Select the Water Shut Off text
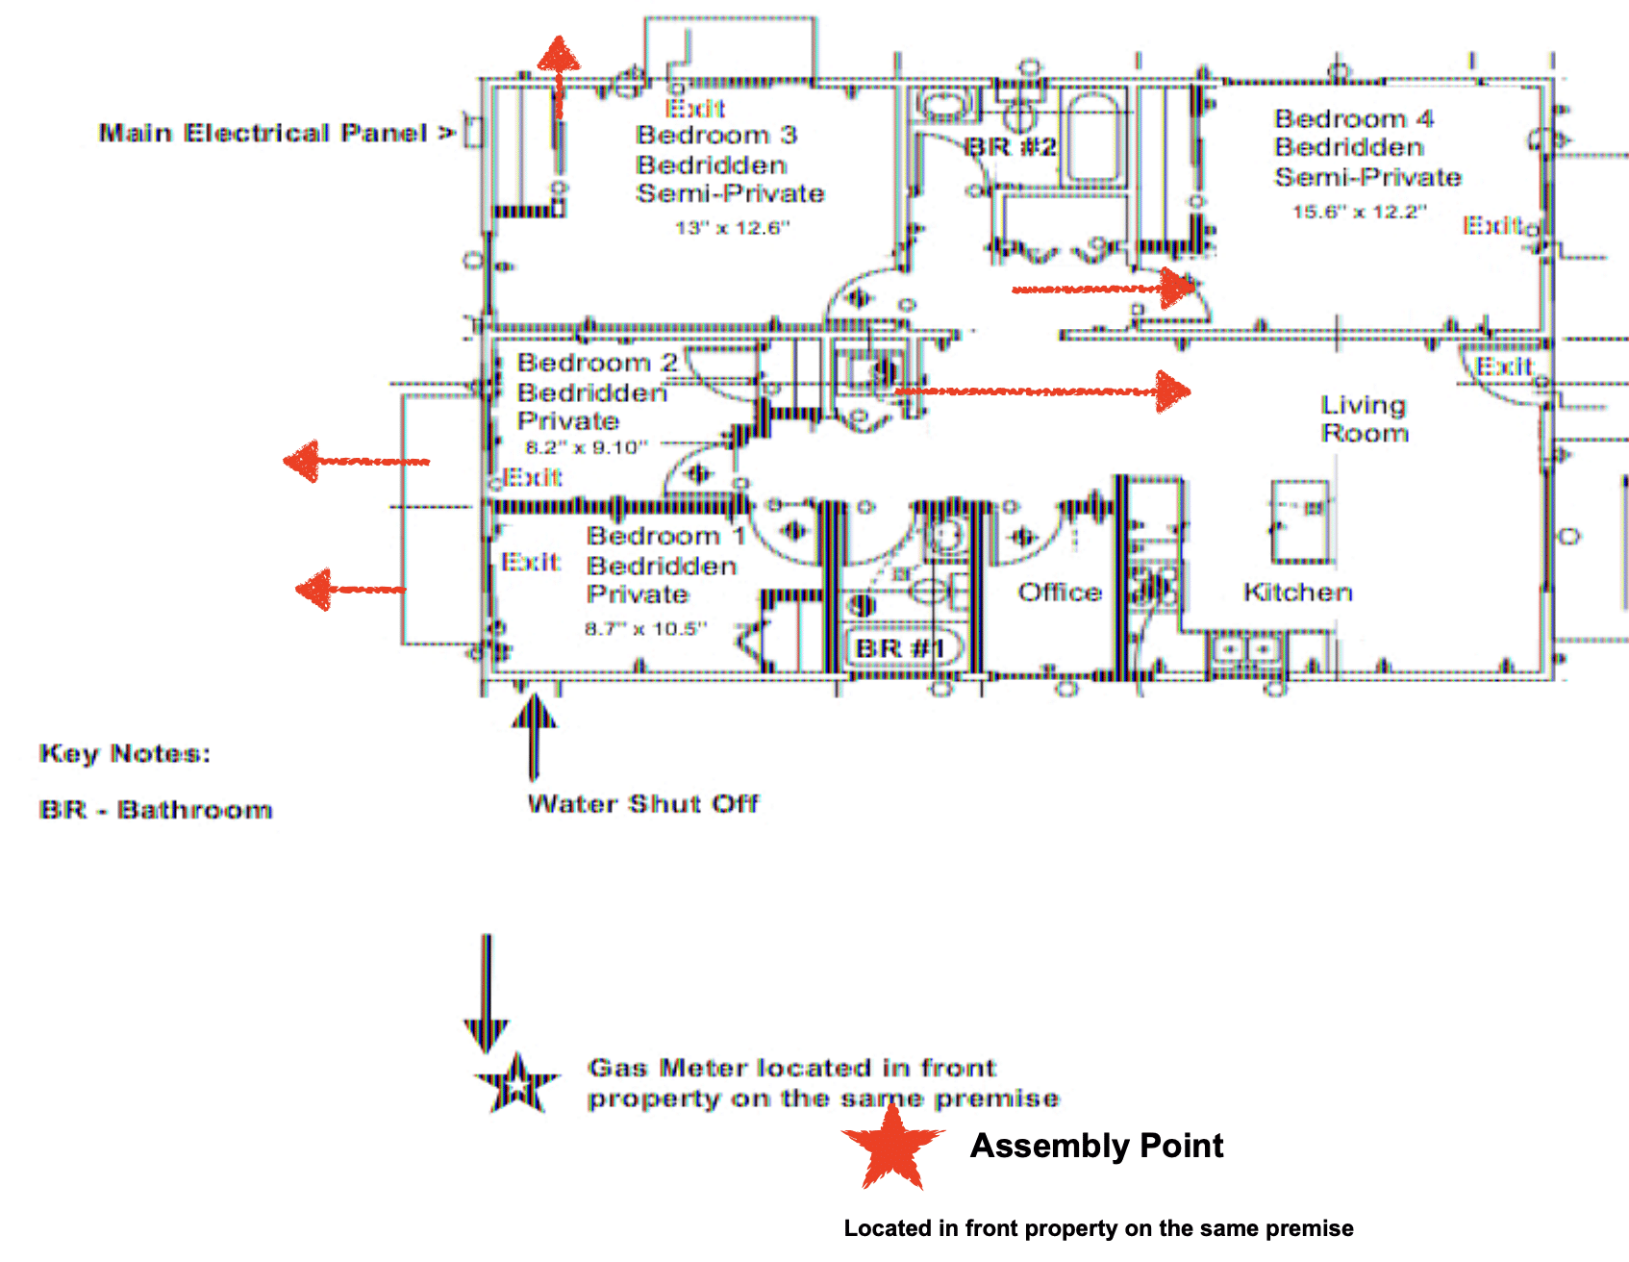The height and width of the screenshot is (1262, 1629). (x=642, y=803)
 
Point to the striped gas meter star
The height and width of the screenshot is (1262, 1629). (x=517, y=1084)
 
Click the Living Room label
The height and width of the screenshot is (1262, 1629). (x=1364, y=418)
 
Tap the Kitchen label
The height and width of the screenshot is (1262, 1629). (x=1297, y=592)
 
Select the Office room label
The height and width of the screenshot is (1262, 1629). (x=1059, y=592)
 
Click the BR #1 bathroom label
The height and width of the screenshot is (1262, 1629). (x=900, y=648)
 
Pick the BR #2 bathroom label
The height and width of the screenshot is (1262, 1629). (x=1010, y=147)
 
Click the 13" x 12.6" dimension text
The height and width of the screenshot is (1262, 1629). (x=732, y=228)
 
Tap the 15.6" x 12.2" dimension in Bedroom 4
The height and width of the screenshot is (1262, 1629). (x=1359, y=212)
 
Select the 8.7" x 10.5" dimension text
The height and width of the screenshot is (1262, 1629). (x=645, y=628)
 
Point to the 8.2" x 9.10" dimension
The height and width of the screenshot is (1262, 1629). (x=587, y=447)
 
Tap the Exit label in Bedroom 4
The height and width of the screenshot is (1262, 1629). (x=1491, y=225)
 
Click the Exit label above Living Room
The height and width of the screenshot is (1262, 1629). (x=1504, y=366)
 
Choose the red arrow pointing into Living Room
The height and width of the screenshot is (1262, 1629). (x=1043, y=391)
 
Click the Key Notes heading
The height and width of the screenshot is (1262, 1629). (x=124, y=753)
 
